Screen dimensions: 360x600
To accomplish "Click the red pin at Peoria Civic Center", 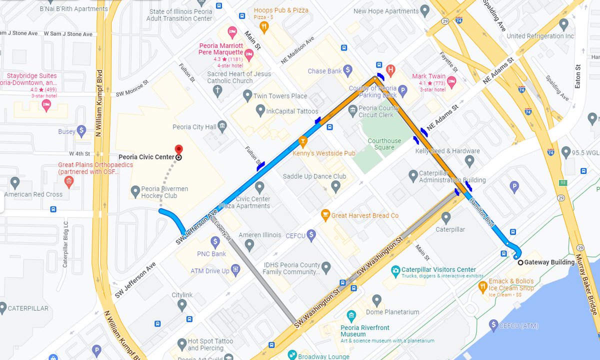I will (178, 149).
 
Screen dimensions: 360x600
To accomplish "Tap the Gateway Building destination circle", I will (520, 262).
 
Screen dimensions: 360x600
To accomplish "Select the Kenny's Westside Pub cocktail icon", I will (302, 142).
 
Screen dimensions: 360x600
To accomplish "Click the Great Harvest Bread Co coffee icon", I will (325, 215).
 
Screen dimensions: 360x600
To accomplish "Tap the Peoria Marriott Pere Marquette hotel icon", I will (232, 32).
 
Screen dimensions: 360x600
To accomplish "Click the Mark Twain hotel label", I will (425, 76).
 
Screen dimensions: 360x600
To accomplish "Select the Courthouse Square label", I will (384, 144).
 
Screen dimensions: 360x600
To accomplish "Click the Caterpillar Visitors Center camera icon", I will (395, 269).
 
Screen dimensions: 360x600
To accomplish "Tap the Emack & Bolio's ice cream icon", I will (482, 286).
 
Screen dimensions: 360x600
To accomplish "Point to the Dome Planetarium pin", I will (377, 300).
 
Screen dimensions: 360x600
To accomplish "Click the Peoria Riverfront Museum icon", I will (351, 316).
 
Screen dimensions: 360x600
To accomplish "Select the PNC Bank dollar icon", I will (215, 242).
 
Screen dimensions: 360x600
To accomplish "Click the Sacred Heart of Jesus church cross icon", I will (216, 90).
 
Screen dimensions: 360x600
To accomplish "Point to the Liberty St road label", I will (223, 230).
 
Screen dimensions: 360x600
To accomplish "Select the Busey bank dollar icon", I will (82, 131).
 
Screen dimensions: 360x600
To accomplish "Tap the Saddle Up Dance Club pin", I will (336, 187).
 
